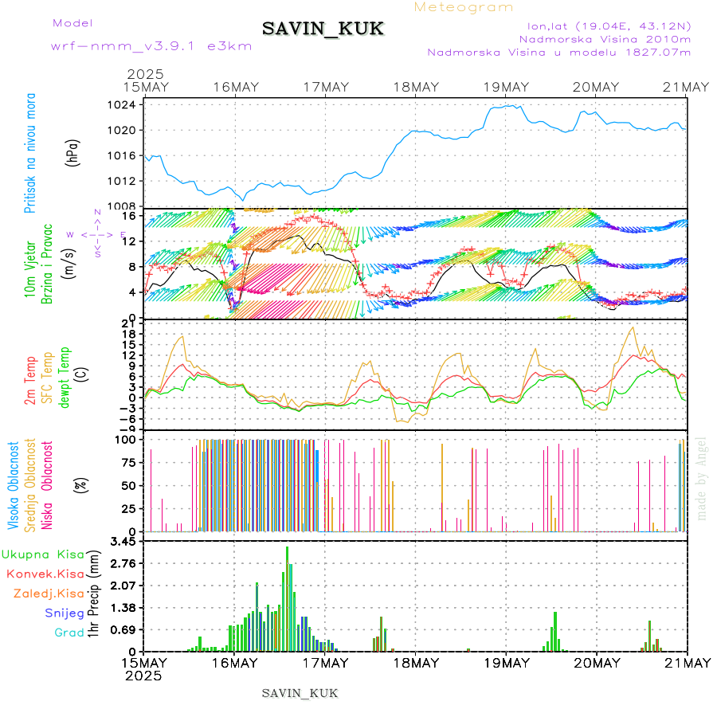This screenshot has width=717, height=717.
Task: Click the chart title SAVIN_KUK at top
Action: click(323, 29)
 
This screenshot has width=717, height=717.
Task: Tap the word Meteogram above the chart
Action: click(464, 7)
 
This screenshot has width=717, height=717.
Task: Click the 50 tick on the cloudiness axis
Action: click(132, 485)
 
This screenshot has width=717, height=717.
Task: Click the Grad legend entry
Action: click(69, 633)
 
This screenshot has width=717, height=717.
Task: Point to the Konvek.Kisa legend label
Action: click(45, 574)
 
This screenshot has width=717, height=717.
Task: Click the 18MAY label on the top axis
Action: click(416, 87)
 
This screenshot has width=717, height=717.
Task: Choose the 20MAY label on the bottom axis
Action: click(597, 663)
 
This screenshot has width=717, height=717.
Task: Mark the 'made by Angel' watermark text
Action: click(702, 478)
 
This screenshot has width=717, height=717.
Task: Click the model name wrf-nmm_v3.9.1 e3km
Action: click(151, 45)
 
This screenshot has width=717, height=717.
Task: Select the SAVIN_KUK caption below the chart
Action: click(300, 693)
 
